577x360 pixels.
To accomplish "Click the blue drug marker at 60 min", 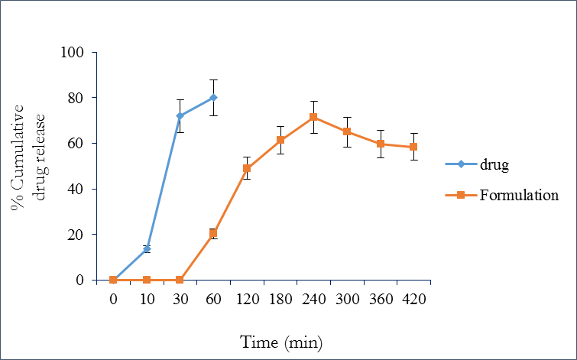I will coord(213,98).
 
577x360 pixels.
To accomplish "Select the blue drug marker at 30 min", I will coord(180,116).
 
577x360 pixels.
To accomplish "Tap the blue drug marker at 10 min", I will coord(147,248).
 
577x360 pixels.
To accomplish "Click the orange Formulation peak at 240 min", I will coord(313,117).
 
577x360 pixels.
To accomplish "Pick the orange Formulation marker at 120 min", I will coord(247,168).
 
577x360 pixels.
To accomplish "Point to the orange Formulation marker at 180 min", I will coord(280,140).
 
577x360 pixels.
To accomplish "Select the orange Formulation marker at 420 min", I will coord(413,147).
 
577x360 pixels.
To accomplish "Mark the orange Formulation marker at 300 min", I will coord(347,131).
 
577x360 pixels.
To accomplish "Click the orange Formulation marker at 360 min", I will coord(381,144).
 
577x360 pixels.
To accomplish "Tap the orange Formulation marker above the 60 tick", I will coord(213,233).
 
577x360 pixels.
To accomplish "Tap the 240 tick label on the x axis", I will coord(313,299).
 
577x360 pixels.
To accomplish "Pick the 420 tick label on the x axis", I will coord(413,299).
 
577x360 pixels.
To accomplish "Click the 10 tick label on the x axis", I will coord(147,299).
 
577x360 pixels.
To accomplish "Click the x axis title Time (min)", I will coord(281,342).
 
